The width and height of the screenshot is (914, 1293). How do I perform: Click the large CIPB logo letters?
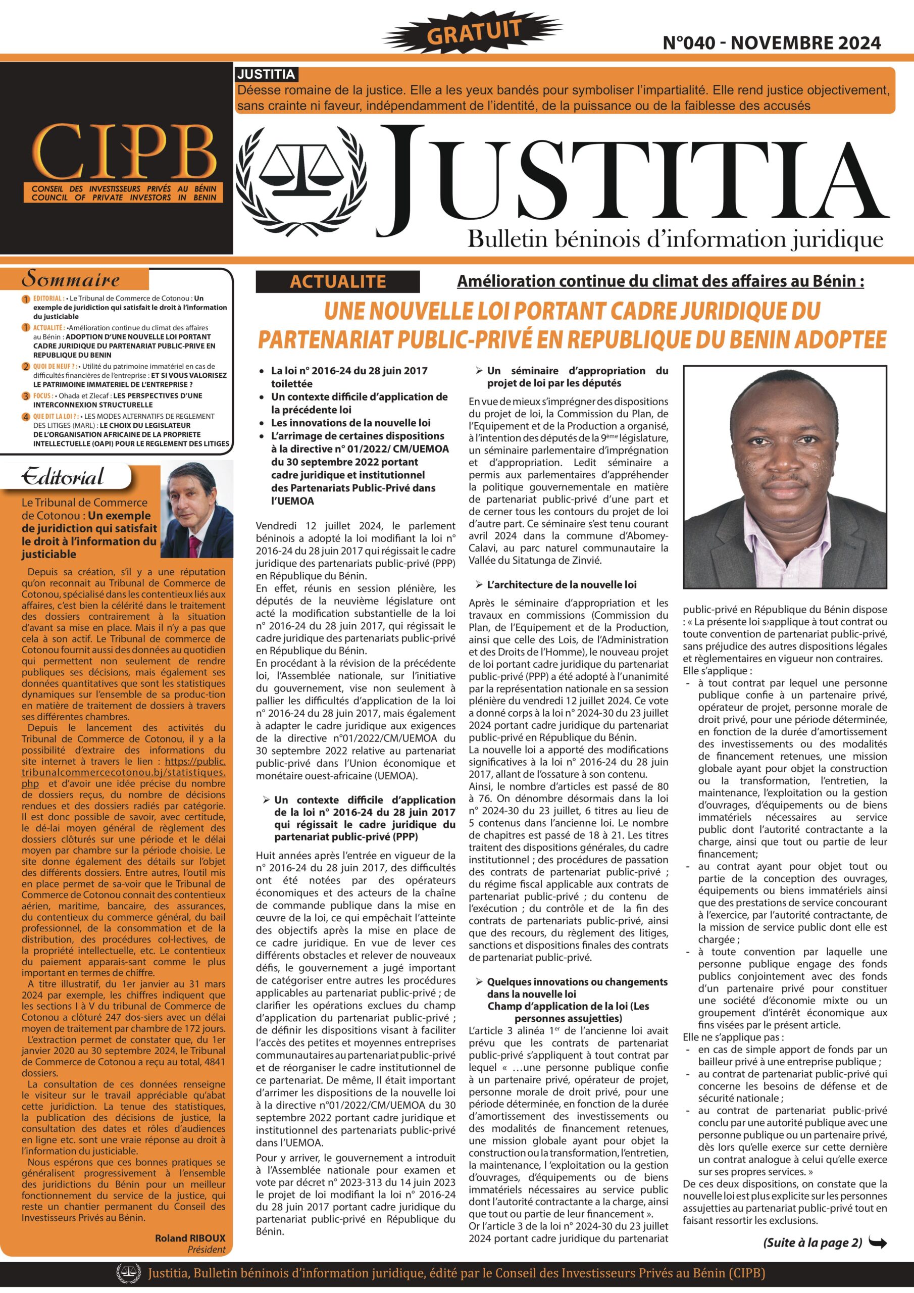124,152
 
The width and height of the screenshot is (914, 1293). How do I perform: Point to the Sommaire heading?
70,279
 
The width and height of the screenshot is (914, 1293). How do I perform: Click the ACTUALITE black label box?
337,281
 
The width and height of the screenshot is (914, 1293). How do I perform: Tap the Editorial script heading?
63,477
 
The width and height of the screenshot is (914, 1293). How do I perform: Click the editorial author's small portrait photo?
197,510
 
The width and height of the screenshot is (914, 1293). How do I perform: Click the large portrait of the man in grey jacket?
786,476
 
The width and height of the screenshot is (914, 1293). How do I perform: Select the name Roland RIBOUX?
190,1238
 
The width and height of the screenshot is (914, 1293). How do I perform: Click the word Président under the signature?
206,1249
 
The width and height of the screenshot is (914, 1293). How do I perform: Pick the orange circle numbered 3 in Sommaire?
26,396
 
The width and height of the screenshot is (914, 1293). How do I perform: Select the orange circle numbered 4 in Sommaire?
26,417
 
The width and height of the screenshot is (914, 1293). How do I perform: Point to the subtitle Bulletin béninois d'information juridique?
675,239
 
